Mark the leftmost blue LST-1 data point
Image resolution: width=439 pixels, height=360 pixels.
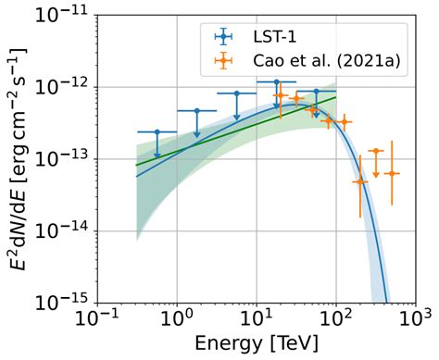157,132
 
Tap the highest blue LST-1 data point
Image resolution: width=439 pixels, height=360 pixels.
276,82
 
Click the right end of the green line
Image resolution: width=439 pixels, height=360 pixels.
335,96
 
